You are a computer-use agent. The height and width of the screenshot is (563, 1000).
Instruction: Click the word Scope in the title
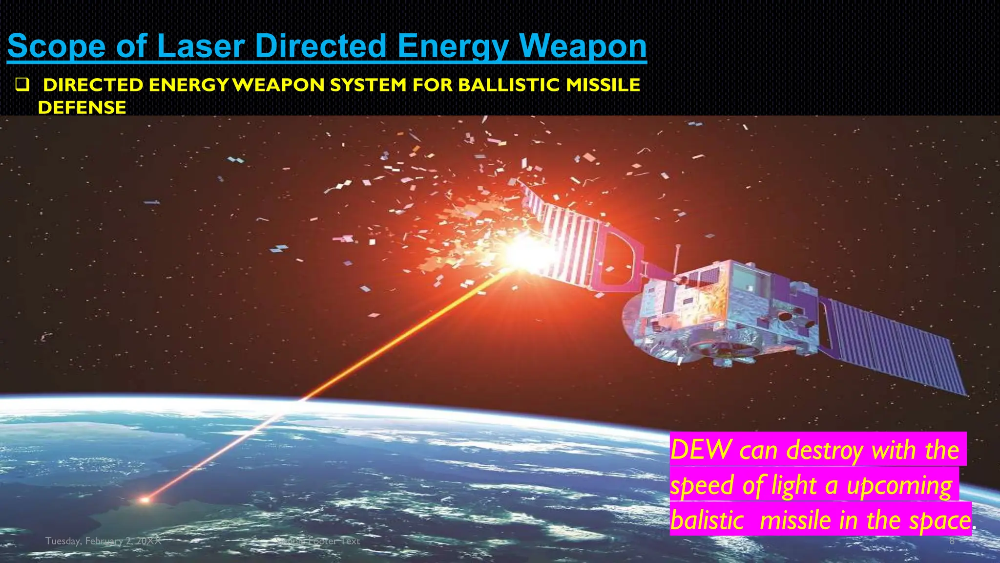[56, 46]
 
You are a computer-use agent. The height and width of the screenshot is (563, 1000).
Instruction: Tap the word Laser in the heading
[201, 46]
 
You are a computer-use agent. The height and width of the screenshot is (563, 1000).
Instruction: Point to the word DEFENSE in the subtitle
[82, 108]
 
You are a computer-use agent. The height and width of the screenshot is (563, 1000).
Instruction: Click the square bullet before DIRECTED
[22, 86]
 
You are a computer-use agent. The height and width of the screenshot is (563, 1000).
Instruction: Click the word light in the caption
[793, 485]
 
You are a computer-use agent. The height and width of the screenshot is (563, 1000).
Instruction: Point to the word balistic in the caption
[707, 520]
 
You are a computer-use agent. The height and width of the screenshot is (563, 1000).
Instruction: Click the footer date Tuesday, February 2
[103, 541]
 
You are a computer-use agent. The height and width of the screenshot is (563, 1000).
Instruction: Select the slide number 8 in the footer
[952, 541]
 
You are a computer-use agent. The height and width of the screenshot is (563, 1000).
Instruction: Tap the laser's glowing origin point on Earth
[145, 499]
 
